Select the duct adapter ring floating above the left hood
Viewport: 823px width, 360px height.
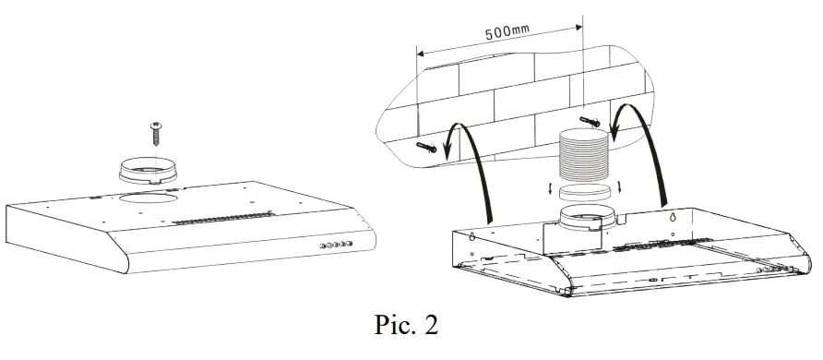pos(151,171)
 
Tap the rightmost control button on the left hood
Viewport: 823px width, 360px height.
pos(350,245)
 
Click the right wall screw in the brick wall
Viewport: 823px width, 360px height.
pos(589,121)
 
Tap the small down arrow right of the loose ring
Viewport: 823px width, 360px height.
pos(620,188)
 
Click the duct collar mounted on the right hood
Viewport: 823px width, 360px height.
pos(587,222)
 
